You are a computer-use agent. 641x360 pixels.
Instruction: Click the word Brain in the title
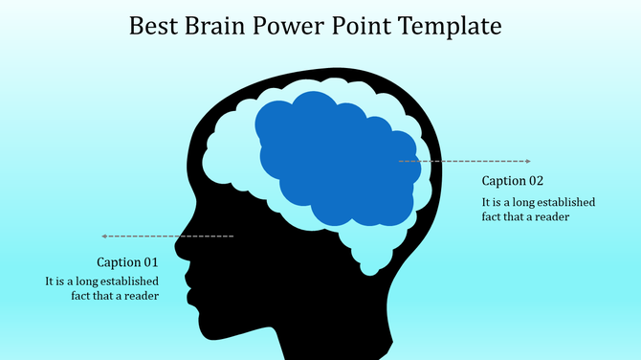tap(224, 26)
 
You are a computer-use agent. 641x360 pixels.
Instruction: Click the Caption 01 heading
tap(127, 261)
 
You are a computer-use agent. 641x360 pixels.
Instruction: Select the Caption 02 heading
tap(513, 181)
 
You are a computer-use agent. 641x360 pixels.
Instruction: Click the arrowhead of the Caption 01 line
tap(104, 236)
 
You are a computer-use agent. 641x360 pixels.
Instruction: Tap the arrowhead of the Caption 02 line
tap(527, 161)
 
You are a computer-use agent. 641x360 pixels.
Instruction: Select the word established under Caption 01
tap(125, 281)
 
